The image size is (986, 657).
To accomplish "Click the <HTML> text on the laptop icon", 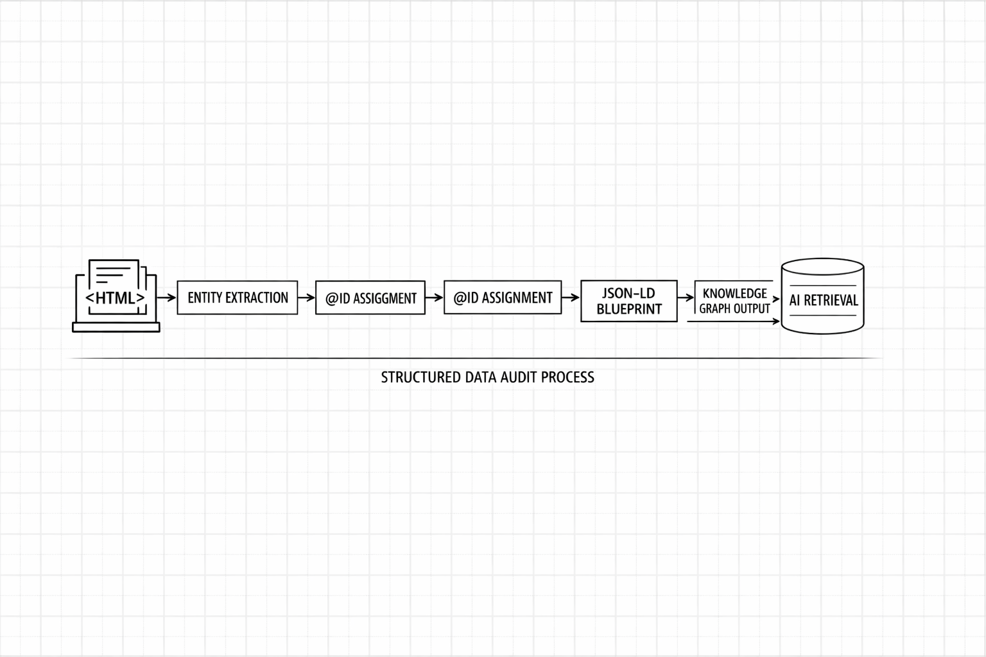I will coord(116,298).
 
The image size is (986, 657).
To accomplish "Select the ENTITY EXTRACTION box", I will coord(238,298).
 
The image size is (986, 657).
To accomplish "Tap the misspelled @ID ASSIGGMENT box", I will coord(370,298).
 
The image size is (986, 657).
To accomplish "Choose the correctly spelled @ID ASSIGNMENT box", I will coord(503,298).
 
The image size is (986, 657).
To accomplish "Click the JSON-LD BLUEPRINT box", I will coord(629,301).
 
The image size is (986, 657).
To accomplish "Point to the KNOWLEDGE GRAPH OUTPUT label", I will coord(734,301).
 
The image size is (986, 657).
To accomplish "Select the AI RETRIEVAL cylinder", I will coord(823,296).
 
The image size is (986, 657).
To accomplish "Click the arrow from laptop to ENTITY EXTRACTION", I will coord(167,298).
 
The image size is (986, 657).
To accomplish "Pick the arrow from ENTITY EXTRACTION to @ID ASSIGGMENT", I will coord(307,298).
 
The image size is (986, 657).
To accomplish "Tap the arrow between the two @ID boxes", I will coord(435,298).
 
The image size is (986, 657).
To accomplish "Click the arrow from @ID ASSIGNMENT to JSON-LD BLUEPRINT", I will coord(571,298).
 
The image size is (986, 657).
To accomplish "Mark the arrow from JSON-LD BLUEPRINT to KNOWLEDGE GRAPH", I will coord(686,298).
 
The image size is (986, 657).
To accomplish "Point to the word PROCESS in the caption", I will coord(567,377).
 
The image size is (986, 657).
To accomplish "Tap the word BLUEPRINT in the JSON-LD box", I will coord(629,309).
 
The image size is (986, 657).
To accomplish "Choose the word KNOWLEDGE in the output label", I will coord(735,293).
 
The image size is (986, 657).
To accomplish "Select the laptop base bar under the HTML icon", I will coord(116,328).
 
